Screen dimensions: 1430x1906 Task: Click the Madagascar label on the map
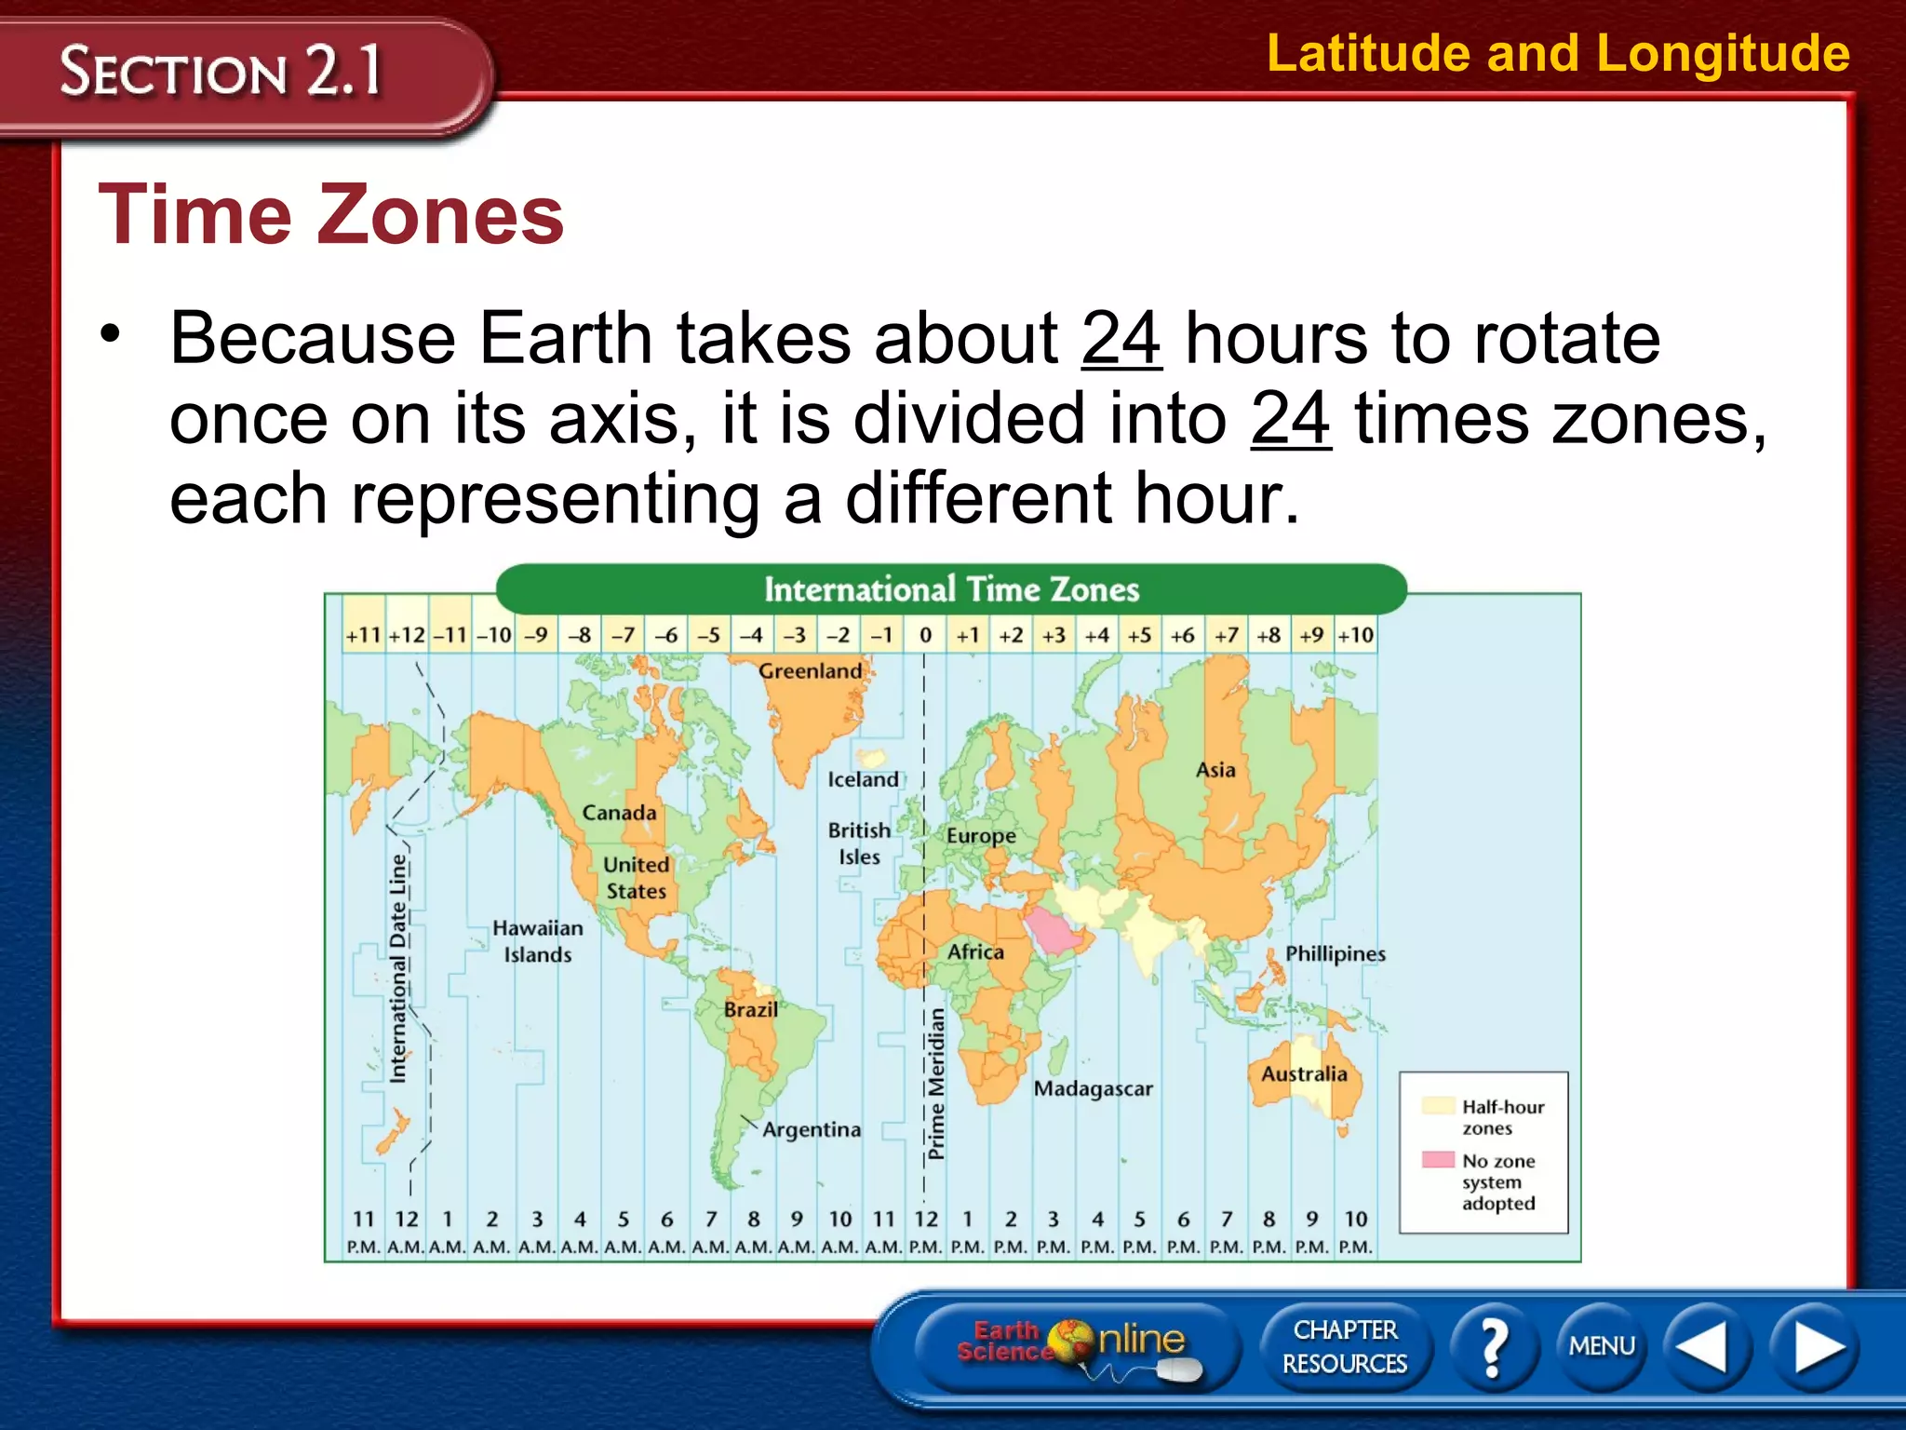(1093, 1088)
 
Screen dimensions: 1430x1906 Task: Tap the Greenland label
(810, 670)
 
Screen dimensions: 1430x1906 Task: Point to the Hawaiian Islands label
(537, 940)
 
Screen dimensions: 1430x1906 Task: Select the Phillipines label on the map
(1335, 953)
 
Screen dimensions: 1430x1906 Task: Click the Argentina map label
(812, 1129)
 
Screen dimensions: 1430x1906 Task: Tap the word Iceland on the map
(863, 779)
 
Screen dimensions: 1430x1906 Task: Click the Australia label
(1303, 1073)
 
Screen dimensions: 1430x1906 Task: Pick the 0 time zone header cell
(925, 635)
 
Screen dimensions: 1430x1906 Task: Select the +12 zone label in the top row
(407, 635)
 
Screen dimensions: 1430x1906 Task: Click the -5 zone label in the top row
(709, 635)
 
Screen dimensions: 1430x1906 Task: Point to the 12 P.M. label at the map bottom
(926, 1232)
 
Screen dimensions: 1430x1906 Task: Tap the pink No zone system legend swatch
(1438, 1160)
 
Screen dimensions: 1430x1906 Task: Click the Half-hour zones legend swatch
(1438, 1106)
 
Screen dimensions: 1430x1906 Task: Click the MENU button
(1602, 1345)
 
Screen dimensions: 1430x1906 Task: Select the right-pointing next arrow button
(1816, 1346)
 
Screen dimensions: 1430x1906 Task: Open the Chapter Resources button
(1345, 1346)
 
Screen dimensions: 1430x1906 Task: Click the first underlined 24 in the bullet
(1121, 338)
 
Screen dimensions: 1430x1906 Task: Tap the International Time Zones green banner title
(951, 589)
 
